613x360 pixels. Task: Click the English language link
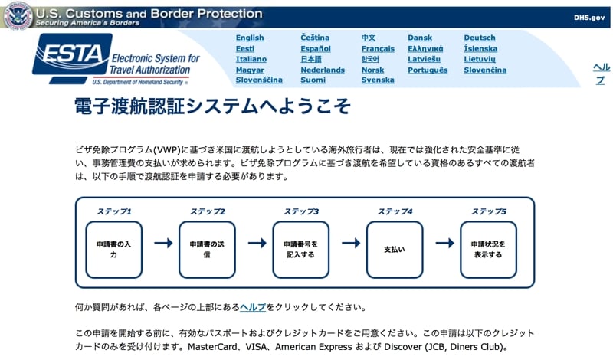click(x=250, y=38)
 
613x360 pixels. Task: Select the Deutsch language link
click(x=480, y=38)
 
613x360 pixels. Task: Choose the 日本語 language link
click(x=311, y=59)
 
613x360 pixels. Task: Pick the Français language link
click(x=378, y=48)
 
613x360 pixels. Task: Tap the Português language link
click(x=428, y=70)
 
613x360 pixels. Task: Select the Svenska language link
click(x=378, y=80)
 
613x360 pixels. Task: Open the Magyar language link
click(x=250, y=70)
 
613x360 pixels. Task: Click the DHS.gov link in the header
click(x=588, y=17)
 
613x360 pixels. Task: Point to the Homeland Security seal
click(x=18, y=15)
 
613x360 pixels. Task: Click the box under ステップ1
click(x=113, y=249)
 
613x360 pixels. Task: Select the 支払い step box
click(x=394, y=249)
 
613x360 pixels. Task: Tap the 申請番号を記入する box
click(x=300, y=249)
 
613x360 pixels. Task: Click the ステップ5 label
click(x=488, y=211)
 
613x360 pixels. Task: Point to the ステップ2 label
click(x=207, y=211)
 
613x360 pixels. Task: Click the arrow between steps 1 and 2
click(x=162, y=244)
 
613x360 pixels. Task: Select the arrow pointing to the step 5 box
click(x=444, y=244)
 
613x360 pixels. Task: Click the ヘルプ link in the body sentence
click(x=253, y=307)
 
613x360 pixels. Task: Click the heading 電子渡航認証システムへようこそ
click(x=213, y=106)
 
